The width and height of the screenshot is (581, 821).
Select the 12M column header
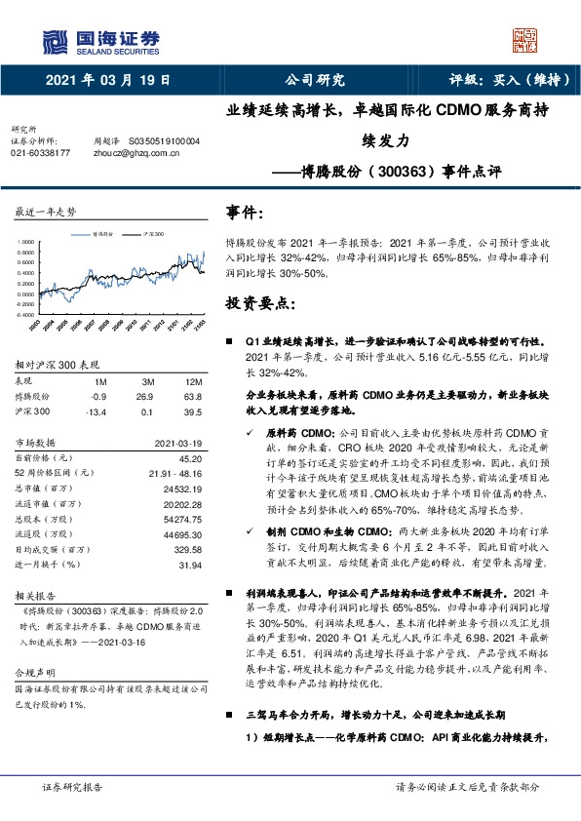click(x=192, y=383)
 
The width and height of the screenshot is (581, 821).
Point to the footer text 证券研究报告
click(x=73, y=786)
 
